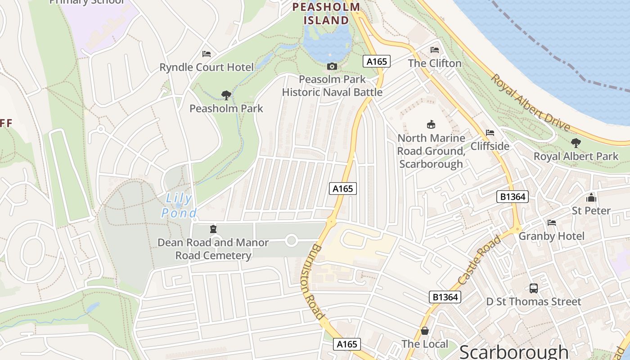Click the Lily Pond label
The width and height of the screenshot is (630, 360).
tap(179, 205)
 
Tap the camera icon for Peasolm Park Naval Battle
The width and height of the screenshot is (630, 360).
tap(332, 67)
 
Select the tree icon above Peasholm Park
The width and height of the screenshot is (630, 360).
tap(226, 95)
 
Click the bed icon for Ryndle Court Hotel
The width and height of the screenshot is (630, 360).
tap(207, 54)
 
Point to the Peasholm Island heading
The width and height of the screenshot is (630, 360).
tap(326, 13)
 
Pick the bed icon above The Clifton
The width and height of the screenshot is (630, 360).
tap(435, 49)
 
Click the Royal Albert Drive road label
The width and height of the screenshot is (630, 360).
tap(530, 103)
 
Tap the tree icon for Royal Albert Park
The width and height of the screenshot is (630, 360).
tap(576, 143)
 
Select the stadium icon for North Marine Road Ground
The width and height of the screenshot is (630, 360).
tap(431, 124)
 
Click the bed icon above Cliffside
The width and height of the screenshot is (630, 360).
tap(490, 133)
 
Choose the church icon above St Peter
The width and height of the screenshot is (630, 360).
tap(591, 198)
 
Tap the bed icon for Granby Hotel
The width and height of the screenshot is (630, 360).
tap(552, 223)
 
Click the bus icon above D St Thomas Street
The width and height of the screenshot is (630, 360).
tap(534, 288)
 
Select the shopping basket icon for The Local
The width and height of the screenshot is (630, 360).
tap(424, 331)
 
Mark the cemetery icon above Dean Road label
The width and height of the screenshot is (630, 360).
tap(213, 229)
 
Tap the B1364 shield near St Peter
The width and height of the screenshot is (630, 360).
tap(513, 197)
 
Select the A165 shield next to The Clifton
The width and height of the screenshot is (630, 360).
tap(377, 61)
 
